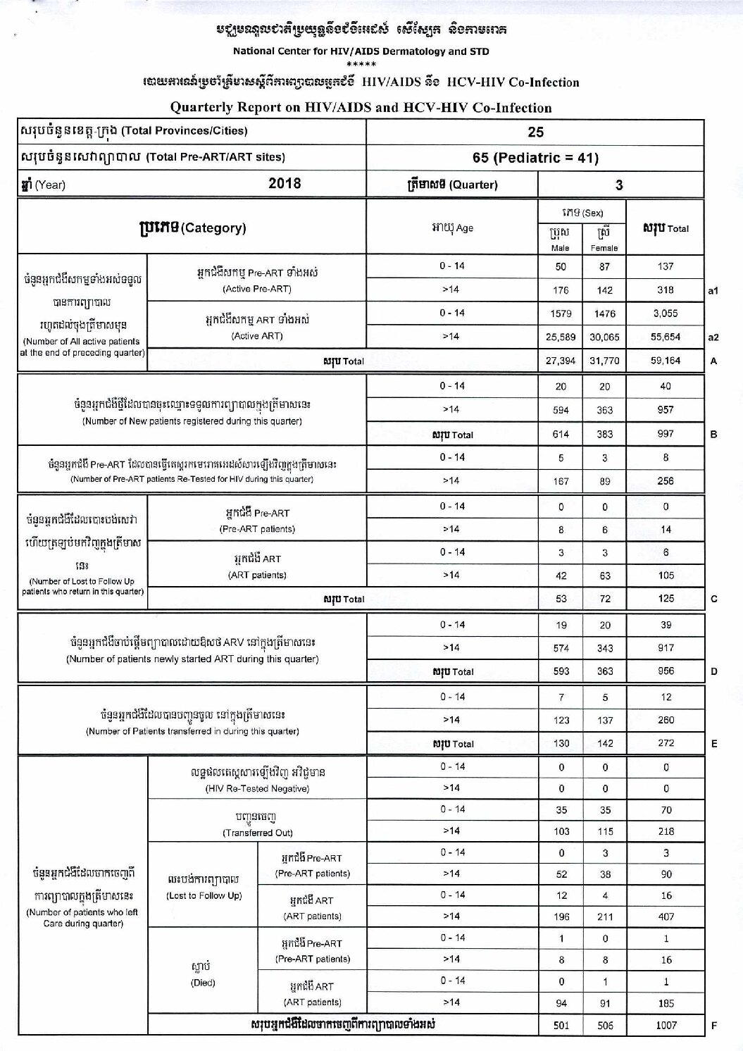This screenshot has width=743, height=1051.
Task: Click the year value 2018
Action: point(285,183)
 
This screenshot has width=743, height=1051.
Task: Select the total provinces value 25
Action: point(535,132)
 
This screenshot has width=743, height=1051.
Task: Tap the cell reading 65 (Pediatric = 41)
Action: point(535,158)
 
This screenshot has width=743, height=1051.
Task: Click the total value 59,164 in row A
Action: point(666,361)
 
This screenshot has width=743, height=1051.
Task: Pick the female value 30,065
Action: point(604,337)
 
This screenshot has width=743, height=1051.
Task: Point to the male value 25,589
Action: point(561,337)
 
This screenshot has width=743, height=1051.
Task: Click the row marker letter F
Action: point(714,1025)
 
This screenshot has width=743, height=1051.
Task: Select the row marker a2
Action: point(713,337)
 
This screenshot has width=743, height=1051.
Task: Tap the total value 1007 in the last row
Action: point(666,1025)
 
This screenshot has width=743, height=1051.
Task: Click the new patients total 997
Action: point(666,434)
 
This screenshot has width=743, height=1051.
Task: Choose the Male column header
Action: point(561,240)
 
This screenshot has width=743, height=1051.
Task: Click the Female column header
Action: point(604,240)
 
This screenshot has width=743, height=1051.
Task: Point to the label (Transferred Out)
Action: point(257,833)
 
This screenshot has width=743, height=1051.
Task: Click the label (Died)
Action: point(203,983)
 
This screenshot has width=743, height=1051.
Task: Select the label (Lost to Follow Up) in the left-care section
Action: point(204,895)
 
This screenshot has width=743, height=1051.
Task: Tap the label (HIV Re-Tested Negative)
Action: point(257,789)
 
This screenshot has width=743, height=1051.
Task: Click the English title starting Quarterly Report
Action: point(361,108)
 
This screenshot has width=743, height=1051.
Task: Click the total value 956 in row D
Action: point(666,671)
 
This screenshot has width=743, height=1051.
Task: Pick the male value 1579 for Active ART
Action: point(561,313)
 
